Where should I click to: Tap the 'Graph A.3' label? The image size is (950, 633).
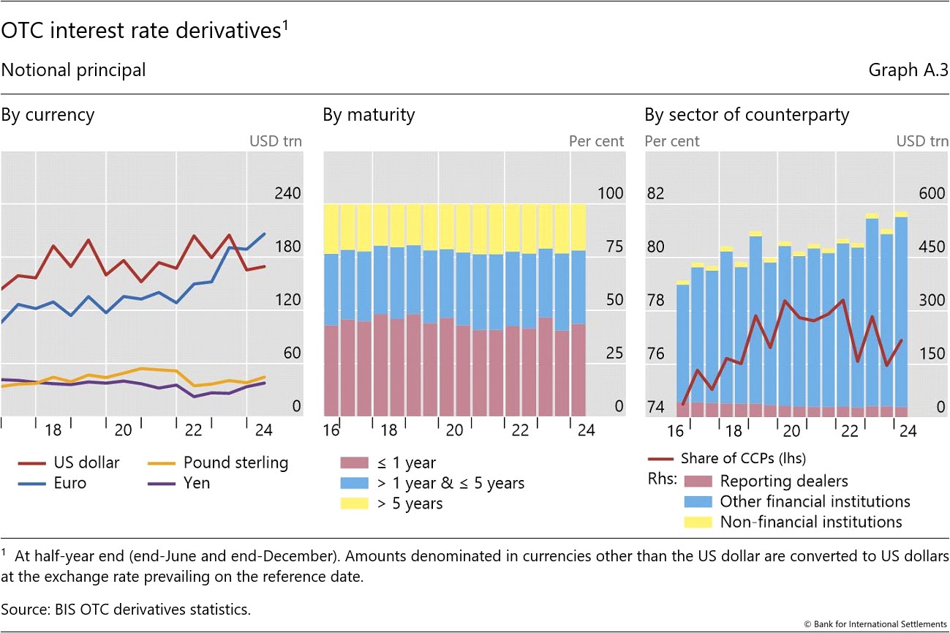pos(908,70)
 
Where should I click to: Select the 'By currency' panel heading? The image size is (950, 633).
pos(48,115)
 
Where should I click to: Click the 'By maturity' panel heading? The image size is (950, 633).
pos(369,115)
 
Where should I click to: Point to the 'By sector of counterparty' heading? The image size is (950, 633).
pos(747,115)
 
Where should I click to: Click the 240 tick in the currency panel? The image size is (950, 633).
pos(288,194)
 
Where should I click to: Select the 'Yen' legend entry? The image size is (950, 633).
pos(196,483)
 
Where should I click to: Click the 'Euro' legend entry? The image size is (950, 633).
pos(70,483)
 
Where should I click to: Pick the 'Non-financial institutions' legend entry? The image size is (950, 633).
pos(811,522)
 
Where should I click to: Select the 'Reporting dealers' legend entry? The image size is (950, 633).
pos(784,481)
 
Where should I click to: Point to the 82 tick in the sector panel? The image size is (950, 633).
pos(656,194)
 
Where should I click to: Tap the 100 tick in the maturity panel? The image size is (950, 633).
pos(611,194)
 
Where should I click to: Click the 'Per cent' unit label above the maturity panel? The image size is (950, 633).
pos(597,141)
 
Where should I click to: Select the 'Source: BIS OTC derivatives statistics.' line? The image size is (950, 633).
pos(126,609)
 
